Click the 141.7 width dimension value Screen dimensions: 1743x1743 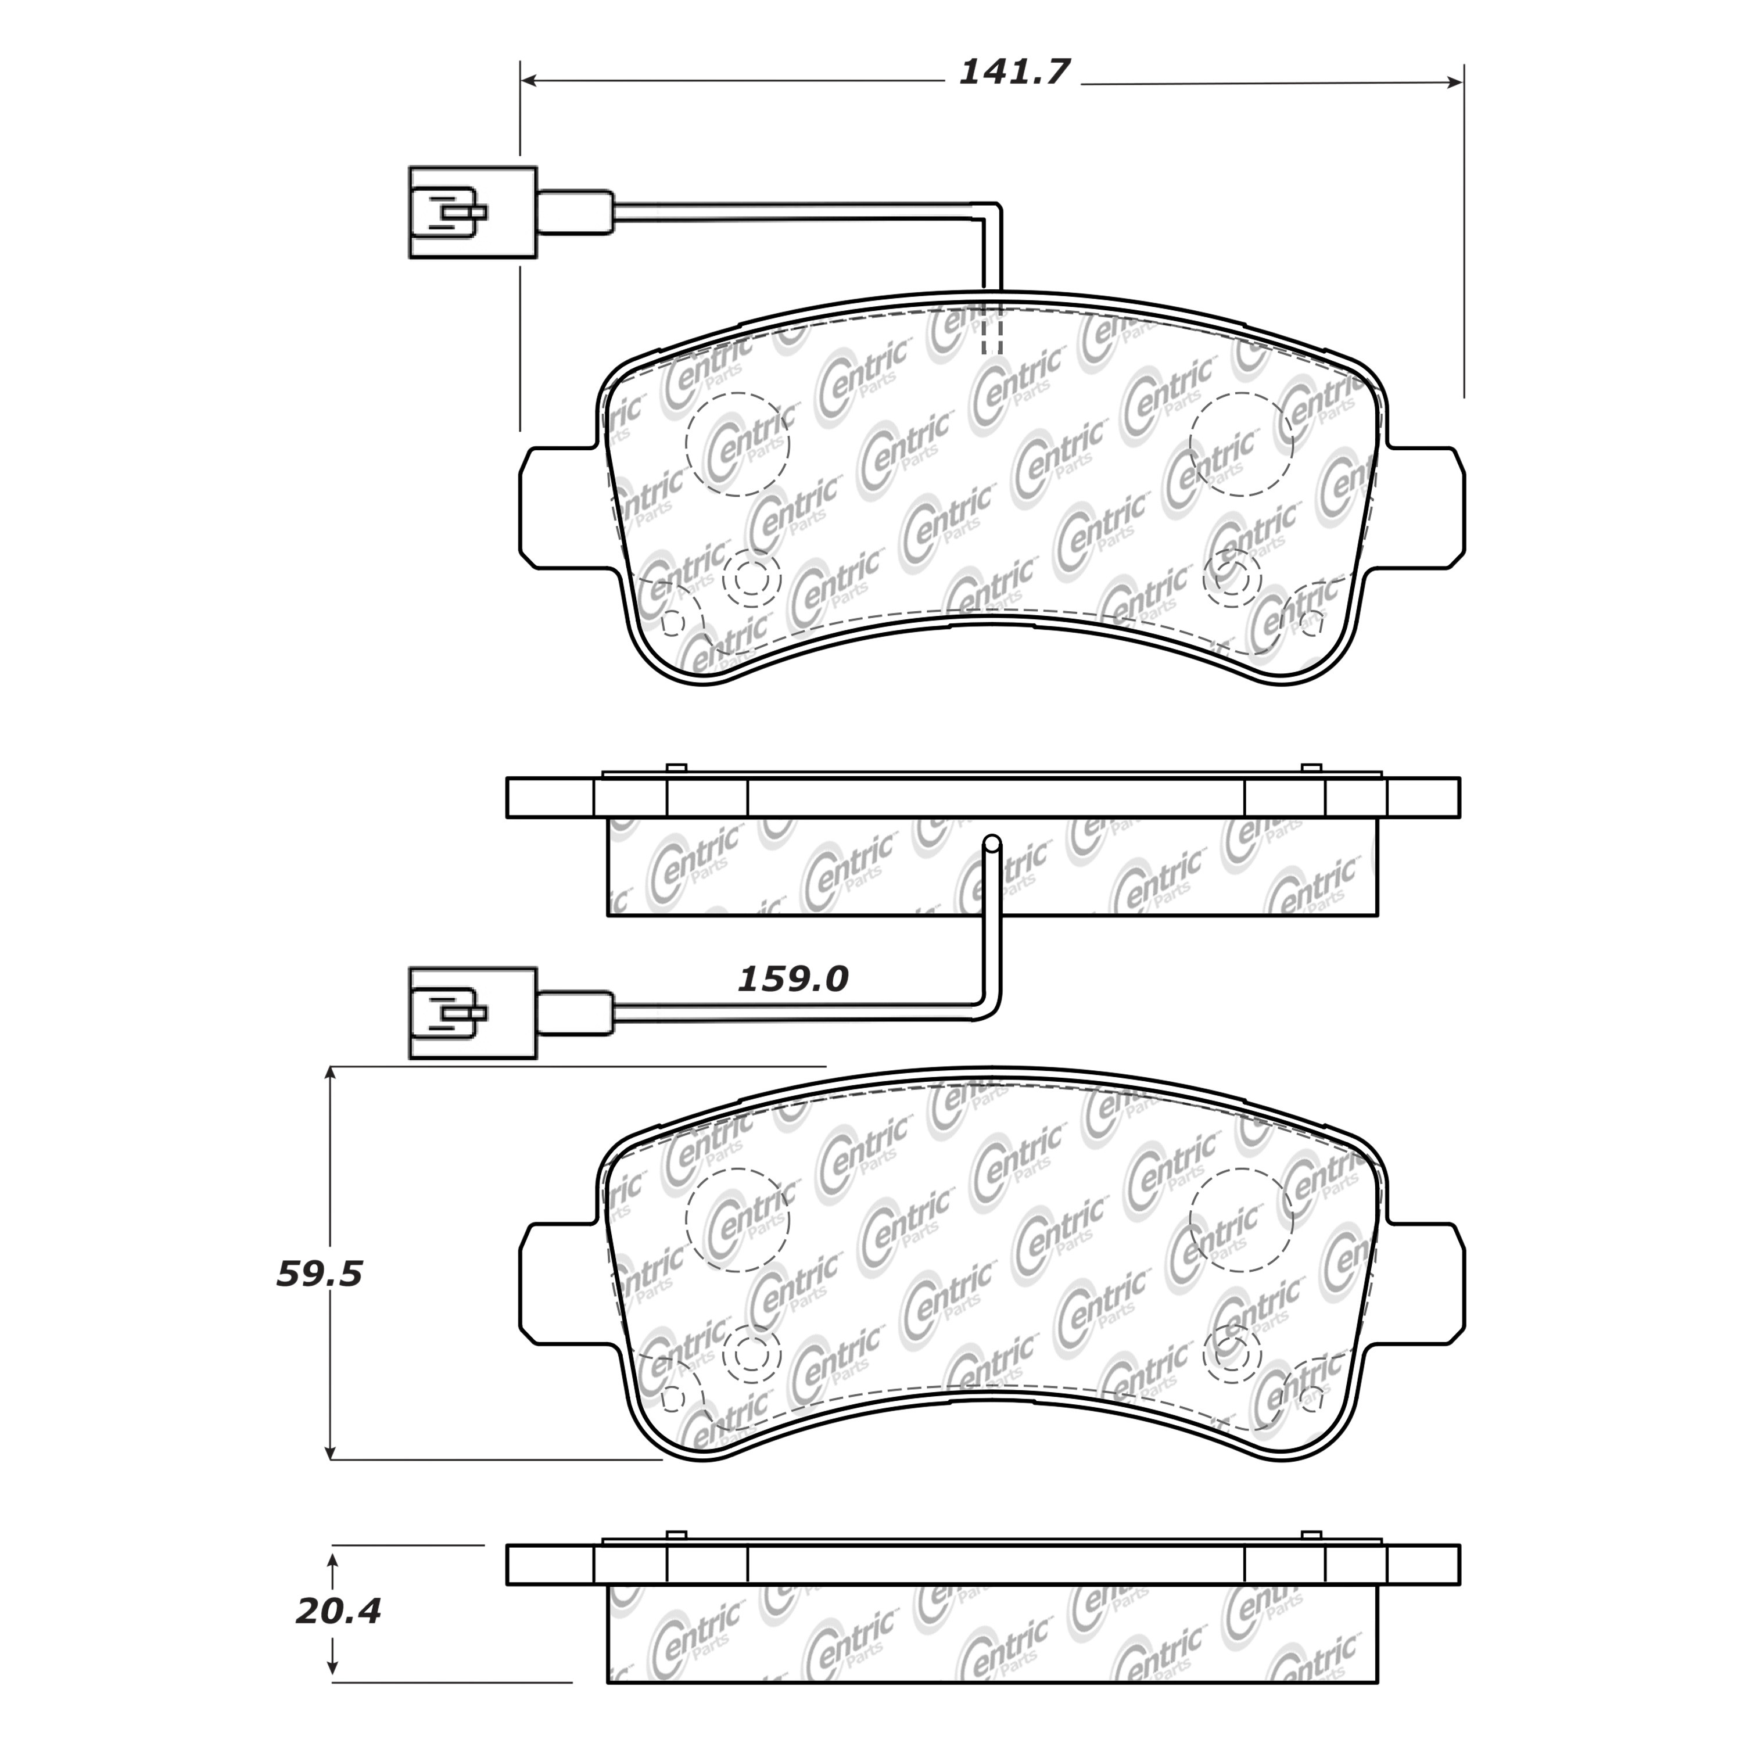pos(1013,71)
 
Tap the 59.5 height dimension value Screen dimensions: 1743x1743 pos(320,1275)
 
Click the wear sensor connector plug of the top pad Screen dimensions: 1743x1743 pos(473,213)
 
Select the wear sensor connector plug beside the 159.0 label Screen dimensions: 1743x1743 pos(473,1013)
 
